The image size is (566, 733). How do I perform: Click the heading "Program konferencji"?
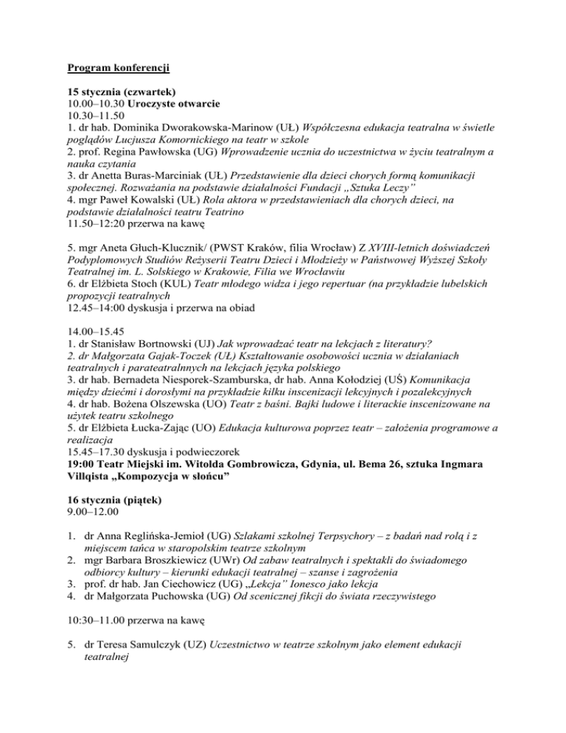(x=119, y=70)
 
